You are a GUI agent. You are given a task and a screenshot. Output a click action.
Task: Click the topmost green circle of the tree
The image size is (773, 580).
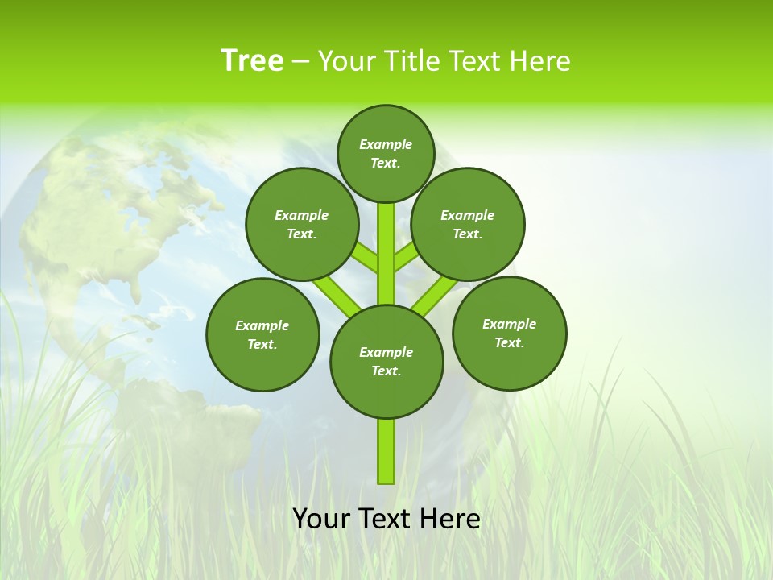tap(386, 153)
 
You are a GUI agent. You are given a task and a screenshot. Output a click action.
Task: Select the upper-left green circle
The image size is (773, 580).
tap(302, 224)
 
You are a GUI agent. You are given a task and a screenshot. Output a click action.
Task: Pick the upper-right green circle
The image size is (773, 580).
tap(468, 224)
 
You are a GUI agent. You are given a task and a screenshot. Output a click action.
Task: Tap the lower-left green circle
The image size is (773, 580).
tap(262, 334)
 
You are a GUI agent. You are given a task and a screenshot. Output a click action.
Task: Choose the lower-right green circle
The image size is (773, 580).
tap(509, 333)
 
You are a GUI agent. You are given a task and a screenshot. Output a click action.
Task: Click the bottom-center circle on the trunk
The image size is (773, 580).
tap(386, 362)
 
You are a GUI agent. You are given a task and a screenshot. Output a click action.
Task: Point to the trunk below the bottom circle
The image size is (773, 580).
tap(386, 451)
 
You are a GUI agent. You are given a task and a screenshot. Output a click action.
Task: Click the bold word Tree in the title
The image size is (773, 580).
tap(252, 60)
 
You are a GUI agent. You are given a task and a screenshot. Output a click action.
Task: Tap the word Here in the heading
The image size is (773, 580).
tap(541, 61)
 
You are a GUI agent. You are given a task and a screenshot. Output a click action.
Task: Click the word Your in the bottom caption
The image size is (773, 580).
tap(321, 519)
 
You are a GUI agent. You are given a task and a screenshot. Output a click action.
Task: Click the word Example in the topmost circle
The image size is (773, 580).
tap(386, 144)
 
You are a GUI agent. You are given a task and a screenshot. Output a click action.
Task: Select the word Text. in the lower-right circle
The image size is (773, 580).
tap(509, 342)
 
